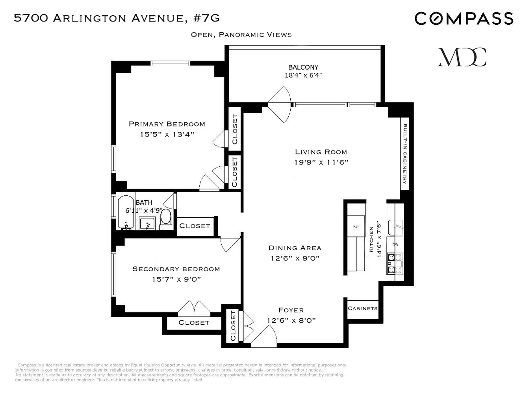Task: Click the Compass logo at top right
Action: coord(464,18)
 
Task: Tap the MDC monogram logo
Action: coord(462,57)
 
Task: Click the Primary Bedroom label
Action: coord(167,124)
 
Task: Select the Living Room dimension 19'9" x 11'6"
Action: coord(321,162)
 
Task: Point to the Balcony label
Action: coord(303,67)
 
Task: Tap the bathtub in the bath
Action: coord(126,212)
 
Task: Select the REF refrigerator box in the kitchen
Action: coord(356,226)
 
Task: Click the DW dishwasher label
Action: coord(395,244)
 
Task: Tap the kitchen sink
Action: coord(395,227)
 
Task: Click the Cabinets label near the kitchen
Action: coord(362,309)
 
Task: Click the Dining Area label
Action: coord(295,248)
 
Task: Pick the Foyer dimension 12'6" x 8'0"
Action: coord(291,320)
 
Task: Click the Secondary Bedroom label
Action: coord(176,269)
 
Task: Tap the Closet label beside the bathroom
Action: coord(195,226)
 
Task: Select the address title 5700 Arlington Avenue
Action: coord(117,18)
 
